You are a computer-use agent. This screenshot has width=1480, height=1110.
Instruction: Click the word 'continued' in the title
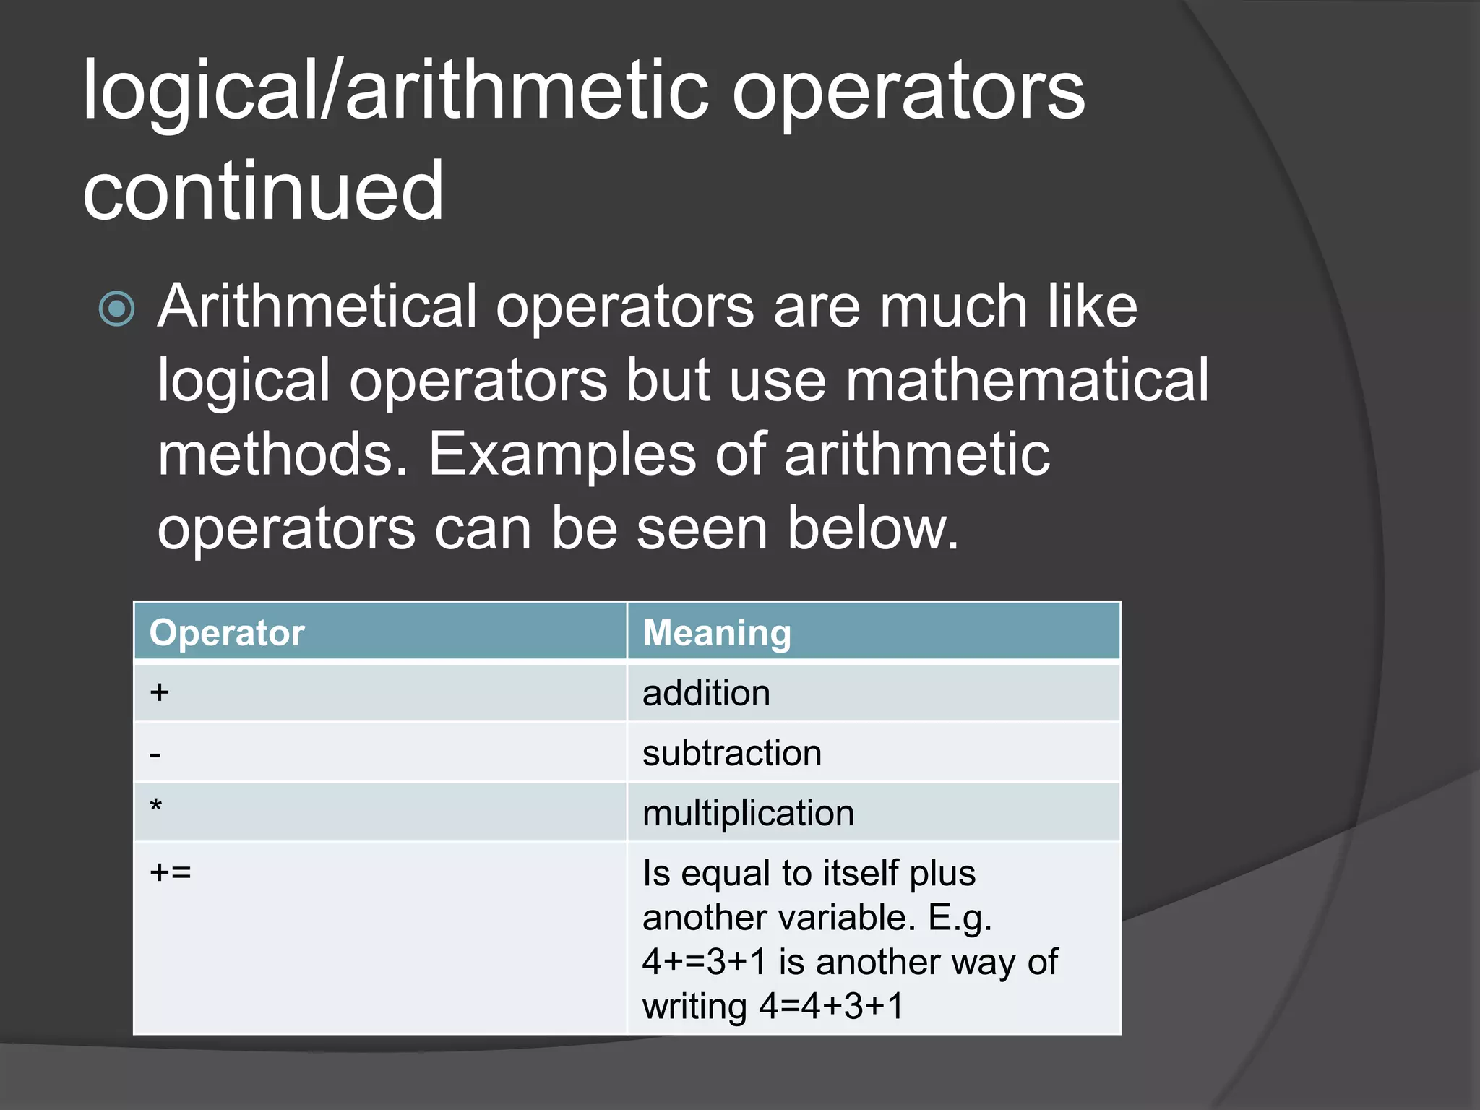pyautogui.click(x=263, y=191)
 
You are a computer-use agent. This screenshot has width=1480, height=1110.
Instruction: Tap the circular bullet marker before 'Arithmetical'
pyautogui.click(x=117, y=309)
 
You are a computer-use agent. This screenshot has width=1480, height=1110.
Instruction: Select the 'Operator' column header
pyautogui.click(x=227, y=633)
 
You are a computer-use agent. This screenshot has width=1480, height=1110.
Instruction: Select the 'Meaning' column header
pyautogui.click(x=717, y=633)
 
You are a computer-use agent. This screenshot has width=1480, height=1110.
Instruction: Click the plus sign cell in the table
pyautogui.click(x=160, y=692)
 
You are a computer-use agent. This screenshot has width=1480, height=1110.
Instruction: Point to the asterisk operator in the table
pyautogui.click(x=155, y=805)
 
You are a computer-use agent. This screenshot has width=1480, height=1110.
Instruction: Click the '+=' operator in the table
pyautogui.click(x=171, y=872)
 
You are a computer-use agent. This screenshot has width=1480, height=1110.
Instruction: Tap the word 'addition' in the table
pyautogui.click(x=706, y=693)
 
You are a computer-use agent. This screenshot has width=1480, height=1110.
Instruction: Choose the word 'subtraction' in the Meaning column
pyautogui.click(x=732, y=753)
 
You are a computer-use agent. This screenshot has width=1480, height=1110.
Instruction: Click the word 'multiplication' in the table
pyautogui.click(x=748, y=813)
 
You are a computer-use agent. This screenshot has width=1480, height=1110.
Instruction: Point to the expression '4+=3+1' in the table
pyautogui.click(x=704, y=962)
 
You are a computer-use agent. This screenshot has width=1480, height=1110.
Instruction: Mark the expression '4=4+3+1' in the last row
pyautogui.click(x=831, y=1006)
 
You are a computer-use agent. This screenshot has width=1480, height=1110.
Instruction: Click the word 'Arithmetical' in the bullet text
pyautogui.click(x=318, y=306)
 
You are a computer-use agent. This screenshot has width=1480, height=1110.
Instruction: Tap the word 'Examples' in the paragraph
pyautogui.click(x=562, y=455)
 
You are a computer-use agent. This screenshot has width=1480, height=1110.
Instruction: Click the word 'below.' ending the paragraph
pyautogui.click(x=873, y=528)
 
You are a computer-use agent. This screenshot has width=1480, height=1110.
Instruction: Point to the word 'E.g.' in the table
pyautogui.click(x=960, y=918)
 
